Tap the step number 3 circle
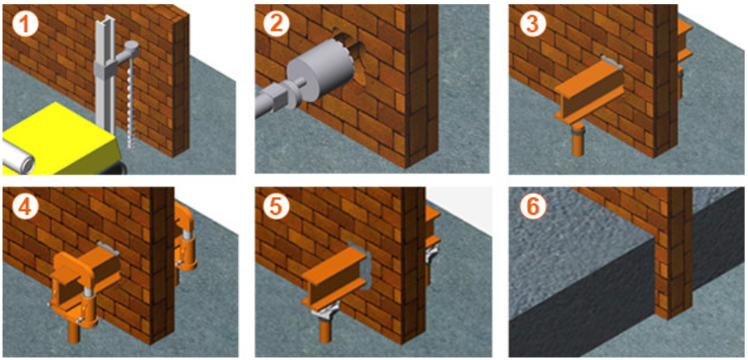[x=531, y=24]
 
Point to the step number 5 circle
[x=275, y=207]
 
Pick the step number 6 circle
[x=531, y=207]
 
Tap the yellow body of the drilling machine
[x=61, y=139]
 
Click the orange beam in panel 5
[x=335, y=277]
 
